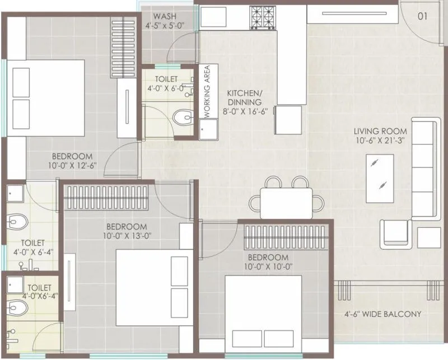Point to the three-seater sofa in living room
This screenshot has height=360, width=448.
tap(424, 168)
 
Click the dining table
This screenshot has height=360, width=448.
tap(286, 202)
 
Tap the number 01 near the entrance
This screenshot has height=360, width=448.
tap(422, 16)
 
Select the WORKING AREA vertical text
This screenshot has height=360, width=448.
tap(207, 91)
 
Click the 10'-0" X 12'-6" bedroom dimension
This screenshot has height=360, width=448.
tap(72, 166)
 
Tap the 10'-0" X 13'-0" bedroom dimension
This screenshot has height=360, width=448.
tap(127, 236)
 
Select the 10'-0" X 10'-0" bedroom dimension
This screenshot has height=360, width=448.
tap(268, 267)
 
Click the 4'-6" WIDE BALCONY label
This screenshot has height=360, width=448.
tap(384, 314)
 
